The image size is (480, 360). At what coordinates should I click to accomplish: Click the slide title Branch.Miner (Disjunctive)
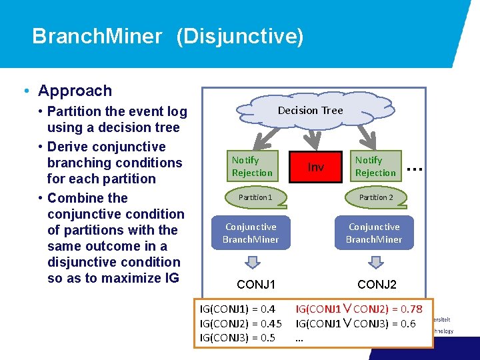(x=167, y=36)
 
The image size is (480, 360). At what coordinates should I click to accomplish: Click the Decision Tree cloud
(x=310, y=110)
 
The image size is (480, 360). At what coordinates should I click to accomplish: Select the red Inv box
(x=315, y=167)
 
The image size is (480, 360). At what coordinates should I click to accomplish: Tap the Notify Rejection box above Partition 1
(x=251, y=167)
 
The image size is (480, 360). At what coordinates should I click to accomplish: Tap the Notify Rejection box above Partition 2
(x=377, y=167)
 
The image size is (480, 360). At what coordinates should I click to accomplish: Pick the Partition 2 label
(x=376, y=197)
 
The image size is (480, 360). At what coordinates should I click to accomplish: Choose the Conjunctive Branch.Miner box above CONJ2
(x=374, y=233)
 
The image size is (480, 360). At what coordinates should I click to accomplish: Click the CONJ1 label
(x=256, y=285)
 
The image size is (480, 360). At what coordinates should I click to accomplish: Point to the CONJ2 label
(x=377, y=285)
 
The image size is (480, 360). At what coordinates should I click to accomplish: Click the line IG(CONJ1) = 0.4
(x=237, y=309)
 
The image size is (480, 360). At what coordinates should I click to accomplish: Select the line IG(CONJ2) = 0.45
(x=241, y=323)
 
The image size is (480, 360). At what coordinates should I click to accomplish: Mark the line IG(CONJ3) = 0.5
(x=237, y=338)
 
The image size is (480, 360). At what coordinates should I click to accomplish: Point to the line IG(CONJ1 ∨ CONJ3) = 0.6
(x=355, y=323)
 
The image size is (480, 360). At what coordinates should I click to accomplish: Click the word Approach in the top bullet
(x=75, y=91)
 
